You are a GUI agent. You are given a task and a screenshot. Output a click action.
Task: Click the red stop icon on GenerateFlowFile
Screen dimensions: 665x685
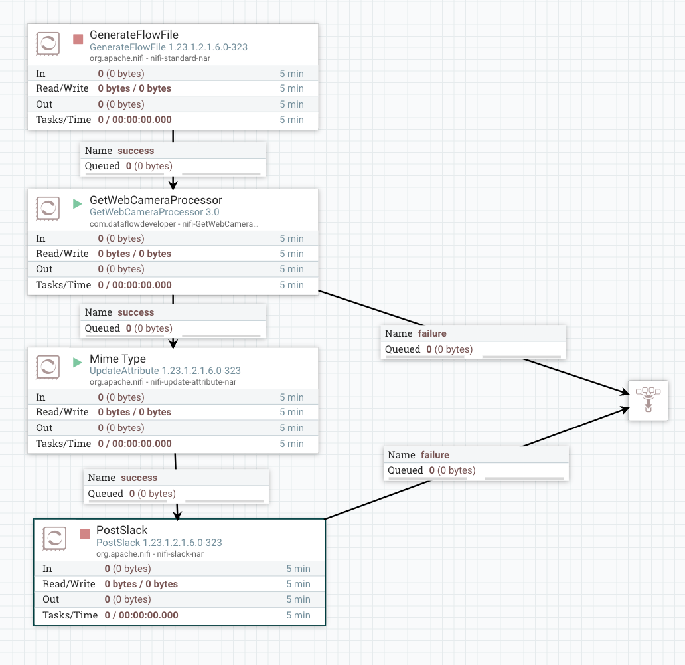78,39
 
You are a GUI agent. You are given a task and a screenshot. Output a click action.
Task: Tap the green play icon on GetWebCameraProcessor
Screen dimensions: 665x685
78,204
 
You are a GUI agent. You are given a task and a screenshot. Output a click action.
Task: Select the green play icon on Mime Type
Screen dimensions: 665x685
78,363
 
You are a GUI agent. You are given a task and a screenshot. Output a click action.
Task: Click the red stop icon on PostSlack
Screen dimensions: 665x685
84,534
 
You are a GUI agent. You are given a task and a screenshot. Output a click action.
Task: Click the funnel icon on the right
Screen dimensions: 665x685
648,400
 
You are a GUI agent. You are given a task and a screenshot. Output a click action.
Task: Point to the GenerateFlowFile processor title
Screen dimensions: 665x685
133,35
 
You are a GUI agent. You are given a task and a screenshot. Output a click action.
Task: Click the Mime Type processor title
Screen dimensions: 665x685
117,359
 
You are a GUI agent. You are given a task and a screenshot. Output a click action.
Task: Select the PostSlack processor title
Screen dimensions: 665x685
121,530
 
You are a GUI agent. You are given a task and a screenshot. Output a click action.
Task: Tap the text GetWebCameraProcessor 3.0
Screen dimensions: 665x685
154,212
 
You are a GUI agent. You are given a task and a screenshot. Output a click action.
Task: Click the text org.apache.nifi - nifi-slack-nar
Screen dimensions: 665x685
149,553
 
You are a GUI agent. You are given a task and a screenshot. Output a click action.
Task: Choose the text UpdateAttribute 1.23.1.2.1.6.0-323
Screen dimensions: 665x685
165,371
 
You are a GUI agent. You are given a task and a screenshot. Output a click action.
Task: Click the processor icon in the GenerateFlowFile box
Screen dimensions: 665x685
48,45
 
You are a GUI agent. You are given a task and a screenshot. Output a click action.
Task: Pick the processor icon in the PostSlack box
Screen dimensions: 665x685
54,539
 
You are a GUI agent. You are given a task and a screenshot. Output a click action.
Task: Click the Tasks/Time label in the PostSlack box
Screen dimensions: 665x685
70,615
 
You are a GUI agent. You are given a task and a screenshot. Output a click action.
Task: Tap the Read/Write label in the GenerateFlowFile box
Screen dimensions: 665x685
62,88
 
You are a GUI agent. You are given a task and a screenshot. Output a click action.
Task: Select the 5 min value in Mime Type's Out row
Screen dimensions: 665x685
291,428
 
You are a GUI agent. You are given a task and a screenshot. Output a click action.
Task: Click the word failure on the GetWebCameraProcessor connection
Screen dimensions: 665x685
433,333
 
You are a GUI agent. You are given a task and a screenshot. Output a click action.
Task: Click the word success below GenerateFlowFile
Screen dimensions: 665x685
135,151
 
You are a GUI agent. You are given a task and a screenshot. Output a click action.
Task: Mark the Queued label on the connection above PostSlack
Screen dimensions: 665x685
106,494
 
